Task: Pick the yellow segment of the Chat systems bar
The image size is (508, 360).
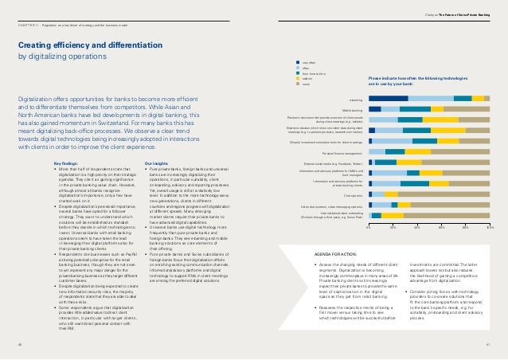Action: coord(391,194)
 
